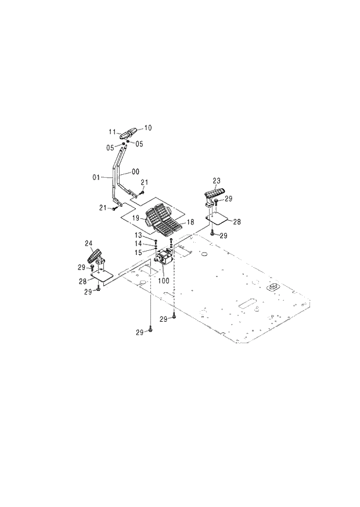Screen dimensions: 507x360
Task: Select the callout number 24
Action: (x=88, y=244)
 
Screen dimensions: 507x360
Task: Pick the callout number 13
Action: (x=139, y=236)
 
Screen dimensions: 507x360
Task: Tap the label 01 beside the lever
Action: (x=97, y=177)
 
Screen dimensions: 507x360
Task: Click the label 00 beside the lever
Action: (x=135, y=171)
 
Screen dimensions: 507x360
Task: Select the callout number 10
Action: (x=147, y=127)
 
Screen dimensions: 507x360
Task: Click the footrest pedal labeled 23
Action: (x=213, y=193)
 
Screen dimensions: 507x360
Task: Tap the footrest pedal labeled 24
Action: (x=95, y=255)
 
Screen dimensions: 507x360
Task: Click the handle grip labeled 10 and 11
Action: (x=129, y=132)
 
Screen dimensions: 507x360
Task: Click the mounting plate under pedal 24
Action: (x=100, y=276)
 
